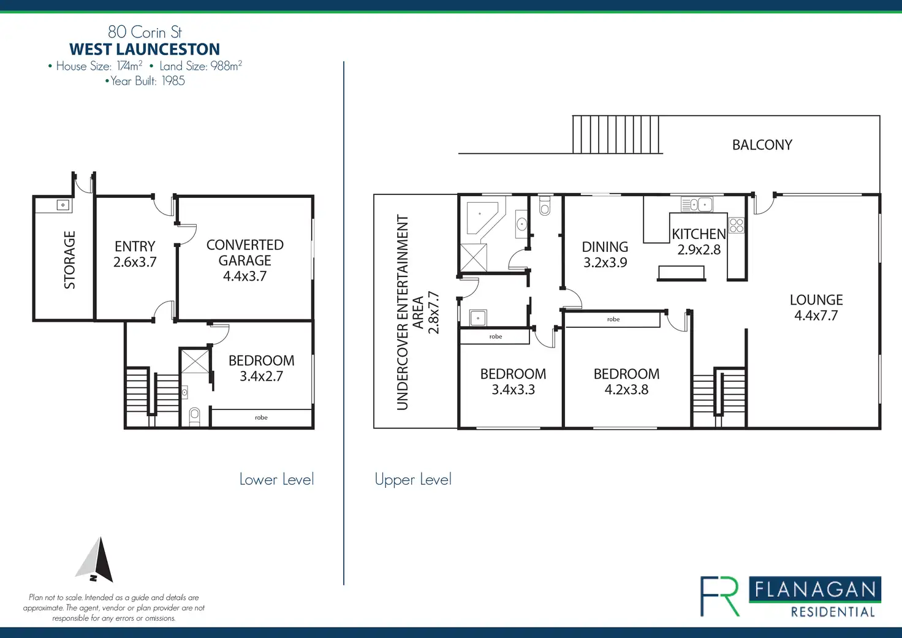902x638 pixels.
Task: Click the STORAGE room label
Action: pos(69,260)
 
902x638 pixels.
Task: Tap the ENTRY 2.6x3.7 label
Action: pos(135,254)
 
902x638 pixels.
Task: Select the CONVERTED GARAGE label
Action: pos(244,260)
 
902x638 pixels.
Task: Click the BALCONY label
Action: pos(762,145)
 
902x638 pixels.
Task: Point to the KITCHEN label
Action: pos(699,235)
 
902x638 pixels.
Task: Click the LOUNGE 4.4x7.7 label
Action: pos(816,308)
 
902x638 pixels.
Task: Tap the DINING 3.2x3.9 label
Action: pos(605,254)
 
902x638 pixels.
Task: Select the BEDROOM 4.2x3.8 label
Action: pos(626,381)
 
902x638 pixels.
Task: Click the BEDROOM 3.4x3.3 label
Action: pos(513,381)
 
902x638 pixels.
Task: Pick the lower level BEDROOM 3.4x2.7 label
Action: pos(261,368)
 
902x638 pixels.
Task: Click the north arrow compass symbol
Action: pos(96,560)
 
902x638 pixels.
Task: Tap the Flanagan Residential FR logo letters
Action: pos(719,596)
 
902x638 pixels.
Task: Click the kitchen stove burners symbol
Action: pos(736,225)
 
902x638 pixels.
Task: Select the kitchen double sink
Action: pos(697,204)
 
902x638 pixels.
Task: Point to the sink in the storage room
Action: pos(63,205)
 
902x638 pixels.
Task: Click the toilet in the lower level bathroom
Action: pos(194,416)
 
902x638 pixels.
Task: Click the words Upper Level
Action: pos(412,479)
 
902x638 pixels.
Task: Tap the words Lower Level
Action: pos(276,479)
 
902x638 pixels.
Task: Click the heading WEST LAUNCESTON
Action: pos(145,49)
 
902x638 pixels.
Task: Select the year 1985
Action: pos(173,81)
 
